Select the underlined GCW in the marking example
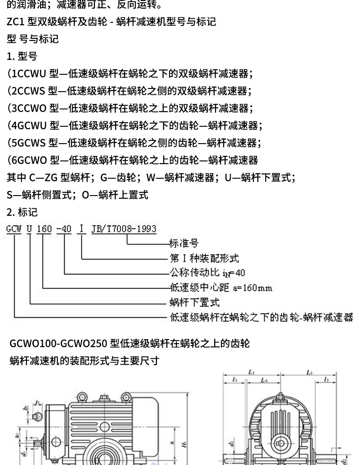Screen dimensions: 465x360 pos(14,228)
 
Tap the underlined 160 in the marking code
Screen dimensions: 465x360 pos(44,228)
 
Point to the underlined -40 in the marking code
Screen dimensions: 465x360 pos(64,228)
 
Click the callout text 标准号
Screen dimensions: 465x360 pos(184,243)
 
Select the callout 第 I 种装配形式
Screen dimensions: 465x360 pos(204,258)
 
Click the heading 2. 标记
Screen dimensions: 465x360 pos(22,212)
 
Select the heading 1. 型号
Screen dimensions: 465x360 pos(22,57)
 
